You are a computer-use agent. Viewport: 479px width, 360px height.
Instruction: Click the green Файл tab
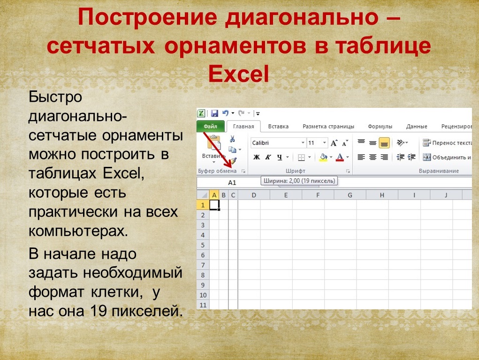coord(211,126)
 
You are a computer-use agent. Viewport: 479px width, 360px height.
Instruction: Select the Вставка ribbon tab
coord(278,127)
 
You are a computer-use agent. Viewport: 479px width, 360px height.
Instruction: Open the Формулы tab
coord(380,127)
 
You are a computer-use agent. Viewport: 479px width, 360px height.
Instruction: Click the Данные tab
coord(417,127)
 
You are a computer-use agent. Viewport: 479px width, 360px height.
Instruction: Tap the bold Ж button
coord(257,157)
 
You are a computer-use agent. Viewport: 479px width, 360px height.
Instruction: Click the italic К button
coord(268,157)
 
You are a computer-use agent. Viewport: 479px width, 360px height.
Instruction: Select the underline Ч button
coord(280,157)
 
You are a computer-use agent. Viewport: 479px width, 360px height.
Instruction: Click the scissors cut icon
coord(233,139)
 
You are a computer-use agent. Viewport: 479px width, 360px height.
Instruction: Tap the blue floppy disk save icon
coord(214,113)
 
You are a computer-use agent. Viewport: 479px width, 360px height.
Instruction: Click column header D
coord(254,195)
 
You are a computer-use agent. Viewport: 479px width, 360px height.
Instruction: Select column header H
coord(382,195)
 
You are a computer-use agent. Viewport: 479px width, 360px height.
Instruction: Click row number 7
coord(203,265)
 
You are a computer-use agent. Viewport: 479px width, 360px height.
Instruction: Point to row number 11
coord(203,305)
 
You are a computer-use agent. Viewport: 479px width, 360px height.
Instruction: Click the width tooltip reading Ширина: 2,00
coord(299,181)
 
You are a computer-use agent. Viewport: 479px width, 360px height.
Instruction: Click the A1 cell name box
coord(232,183)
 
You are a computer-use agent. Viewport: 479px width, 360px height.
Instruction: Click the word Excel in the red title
coord(239,74)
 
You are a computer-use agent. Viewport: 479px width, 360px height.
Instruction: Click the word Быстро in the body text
coord(55,97)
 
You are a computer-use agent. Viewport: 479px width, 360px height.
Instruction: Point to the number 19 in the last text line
coord(99,311)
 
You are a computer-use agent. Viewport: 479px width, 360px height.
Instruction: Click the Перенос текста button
coord(447,142)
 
